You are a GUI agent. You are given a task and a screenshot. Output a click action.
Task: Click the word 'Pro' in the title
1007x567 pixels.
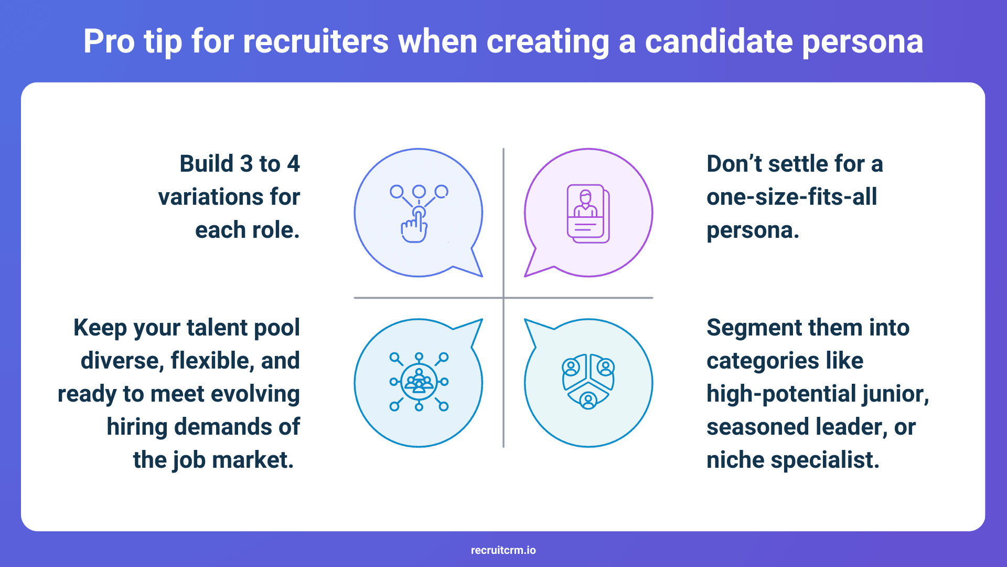click(109, 42)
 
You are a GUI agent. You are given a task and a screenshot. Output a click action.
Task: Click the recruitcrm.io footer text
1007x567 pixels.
click(504, 550)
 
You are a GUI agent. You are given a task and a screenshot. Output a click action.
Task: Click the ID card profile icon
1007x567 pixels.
click(588, 214)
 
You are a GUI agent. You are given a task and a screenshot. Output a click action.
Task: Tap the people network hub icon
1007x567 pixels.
click(419, 382)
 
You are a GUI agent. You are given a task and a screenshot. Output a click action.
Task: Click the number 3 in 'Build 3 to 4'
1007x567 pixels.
click(245, 164)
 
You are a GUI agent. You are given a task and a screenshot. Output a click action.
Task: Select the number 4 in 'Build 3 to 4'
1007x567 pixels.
click(293, 164)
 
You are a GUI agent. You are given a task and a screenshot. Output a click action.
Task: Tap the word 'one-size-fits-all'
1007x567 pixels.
click(791, 197)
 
